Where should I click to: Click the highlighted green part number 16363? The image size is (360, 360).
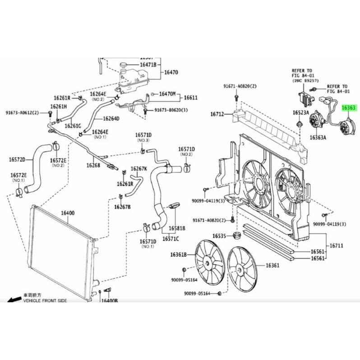pyautogui.click(x=349, y=108)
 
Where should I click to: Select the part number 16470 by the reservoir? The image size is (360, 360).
pyautogui.click(x=171, y=72)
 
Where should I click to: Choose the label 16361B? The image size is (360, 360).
pyautogui.click(x=178, y=255)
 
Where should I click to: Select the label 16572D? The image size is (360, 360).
pyautogui.click(x=18, y=159)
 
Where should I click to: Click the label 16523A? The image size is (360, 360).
pyautogui.click(x=300, y=112)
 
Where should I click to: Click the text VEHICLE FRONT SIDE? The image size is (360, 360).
pyautogui.click(x=45, y=300)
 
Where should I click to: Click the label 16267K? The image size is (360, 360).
pyautogui.click(x=139, y=169)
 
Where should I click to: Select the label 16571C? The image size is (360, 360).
pyautogui.click(x=171, y=239)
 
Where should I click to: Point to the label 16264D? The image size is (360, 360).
pyautogui.click(x=111, y=119)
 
